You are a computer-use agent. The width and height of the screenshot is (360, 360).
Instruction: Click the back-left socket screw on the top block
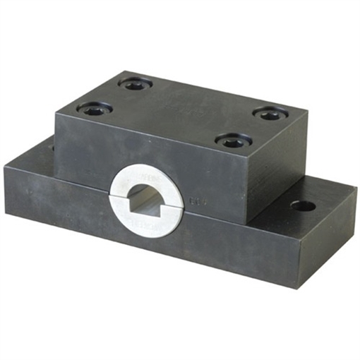point(135,84)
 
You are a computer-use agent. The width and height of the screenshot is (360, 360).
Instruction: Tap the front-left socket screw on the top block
point(95,109)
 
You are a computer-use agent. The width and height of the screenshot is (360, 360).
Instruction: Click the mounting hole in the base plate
point(303,206)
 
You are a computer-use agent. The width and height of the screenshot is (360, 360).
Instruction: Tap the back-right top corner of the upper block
point(306,110)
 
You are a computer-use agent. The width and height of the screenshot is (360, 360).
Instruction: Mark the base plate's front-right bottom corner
point(296,287)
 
